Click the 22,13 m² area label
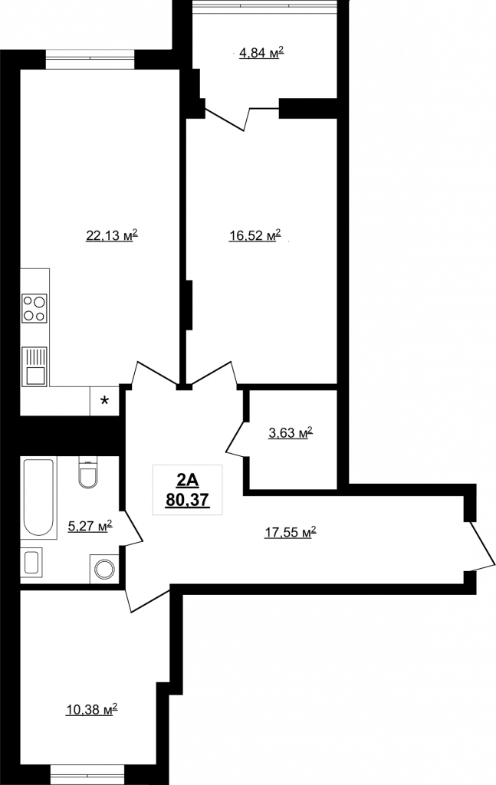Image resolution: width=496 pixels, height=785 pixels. (x=112, y=235)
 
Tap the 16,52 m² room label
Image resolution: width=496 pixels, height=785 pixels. (x=255, y=235)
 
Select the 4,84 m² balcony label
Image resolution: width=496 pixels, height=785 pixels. (x=261, y=52)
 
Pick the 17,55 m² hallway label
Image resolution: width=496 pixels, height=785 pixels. (x=291, y=533)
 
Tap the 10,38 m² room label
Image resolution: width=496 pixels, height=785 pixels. (x=91, y=709)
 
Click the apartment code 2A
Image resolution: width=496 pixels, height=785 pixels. (x=187, y=481)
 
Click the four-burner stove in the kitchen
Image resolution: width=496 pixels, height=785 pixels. (x=34, y=308)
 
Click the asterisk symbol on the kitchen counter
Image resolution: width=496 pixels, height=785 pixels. (x=104, y=400)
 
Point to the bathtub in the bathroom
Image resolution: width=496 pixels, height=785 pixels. (x=38, y=498)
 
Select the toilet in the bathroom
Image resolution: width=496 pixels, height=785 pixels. (x=89, y=471)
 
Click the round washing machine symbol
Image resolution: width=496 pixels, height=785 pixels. (x=104, y=569)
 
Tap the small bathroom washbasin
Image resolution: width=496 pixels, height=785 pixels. (x=31, y=562)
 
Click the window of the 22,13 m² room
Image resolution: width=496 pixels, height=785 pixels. (x=90, y=59)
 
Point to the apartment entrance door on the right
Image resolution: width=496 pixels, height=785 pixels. (x=481, y=546)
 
